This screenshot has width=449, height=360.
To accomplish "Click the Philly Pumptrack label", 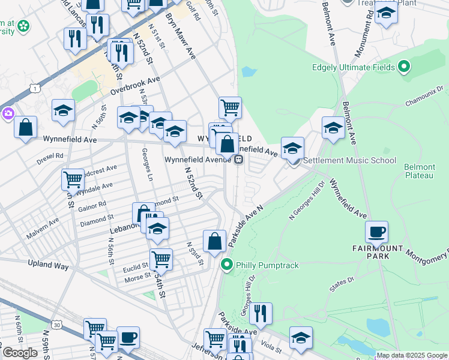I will click(x=267, y=265).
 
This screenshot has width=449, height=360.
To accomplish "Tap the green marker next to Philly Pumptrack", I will click(x=227, y=264).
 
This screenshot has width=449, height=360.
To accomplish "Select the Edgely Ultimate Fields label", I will click(x=353, y=67).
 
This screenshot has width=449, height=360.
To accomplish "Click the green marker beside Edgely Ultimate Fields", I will click(x=404, y=67).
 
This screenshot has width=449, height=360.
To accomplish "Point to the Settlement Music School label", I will click(x=349, y=160).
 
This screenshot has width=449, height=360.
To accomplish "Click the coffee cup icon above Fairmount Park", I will click(x=376, y=232).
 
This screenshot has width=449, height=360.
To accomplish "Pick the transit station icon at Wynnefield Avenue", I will click(x=239, y=160).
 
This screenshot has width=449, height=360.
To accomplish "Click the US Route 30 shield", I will click(x=58, y=325).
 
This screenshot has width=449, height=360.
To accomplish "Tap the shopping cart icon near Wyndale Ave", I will click(x=73, y=178).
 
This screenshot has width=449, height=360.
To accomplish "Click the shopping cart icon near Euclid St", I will click(x=161, y=259).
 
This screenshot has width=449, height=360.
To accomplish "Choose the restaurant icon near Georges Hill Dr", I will click(x=261, y=313).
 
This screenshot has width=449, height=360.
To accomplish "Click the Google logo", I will click(x=20, y=353).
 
